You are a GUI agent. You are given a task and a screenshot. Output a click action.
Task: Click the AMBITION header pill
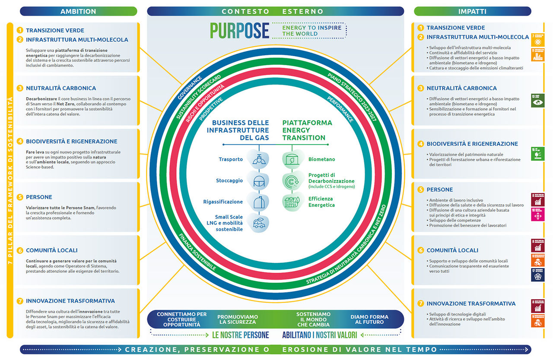tap(78, 11)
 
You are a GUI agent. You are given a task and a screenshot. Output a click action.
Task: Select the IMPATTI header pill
tap(472, 11)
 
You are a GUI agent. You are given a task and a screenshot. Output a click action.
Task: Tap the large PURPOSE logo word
tap(239, 31)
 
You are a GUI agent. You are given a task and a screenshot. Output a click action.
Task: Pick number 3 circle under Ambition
tap(19, 88)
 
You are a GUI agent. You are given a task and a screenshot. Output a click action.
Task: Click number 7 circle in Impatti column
tap(420, 303)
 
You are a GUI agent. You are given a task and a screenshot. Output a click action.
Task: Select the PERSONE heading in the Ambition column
tap(39, 197)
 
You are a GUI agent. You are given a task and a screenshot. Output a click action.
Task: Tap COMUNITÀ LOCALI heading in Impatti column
tap(452, 250)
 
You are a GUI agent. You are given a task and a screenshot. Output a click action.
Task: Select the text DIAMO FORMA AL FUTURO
tap(369, 319)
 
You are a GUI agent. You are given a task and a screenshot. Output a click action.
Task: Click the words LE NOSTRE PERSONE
tap(240, 335)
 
